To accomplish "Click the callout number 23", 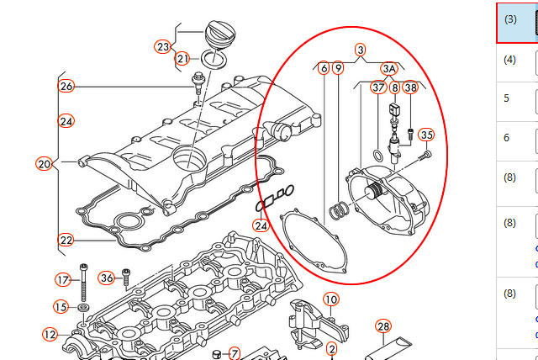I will click(163, 46).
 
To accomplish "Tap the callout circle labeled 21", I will click(183, 59).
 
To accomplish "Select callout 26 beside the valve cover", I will click(66, 86).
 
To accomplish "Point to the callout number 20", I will click(45, 163).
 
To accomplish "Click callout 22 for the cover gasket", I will click(66, 240).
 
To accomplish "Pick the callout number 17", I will click(62, 279).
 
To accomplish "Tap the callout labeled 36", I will click(106, 278).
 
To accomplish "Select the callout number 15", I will click(61, 306).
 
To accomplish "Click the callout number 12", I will click(50, 335).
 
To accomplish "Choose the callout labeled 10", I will click(330, 299).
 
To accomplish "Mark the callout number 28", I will click(383, 326).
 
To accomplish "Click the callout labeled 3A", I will click(388, 68).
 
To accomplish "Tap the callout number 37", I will click(378, 87).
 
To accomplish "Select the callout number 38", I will click(410, 87).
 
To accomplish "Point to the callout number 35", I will click(426, 135).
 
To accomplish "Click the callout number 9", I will click(337, 68).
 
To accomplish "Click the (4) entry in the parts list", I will click(510, 60).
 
